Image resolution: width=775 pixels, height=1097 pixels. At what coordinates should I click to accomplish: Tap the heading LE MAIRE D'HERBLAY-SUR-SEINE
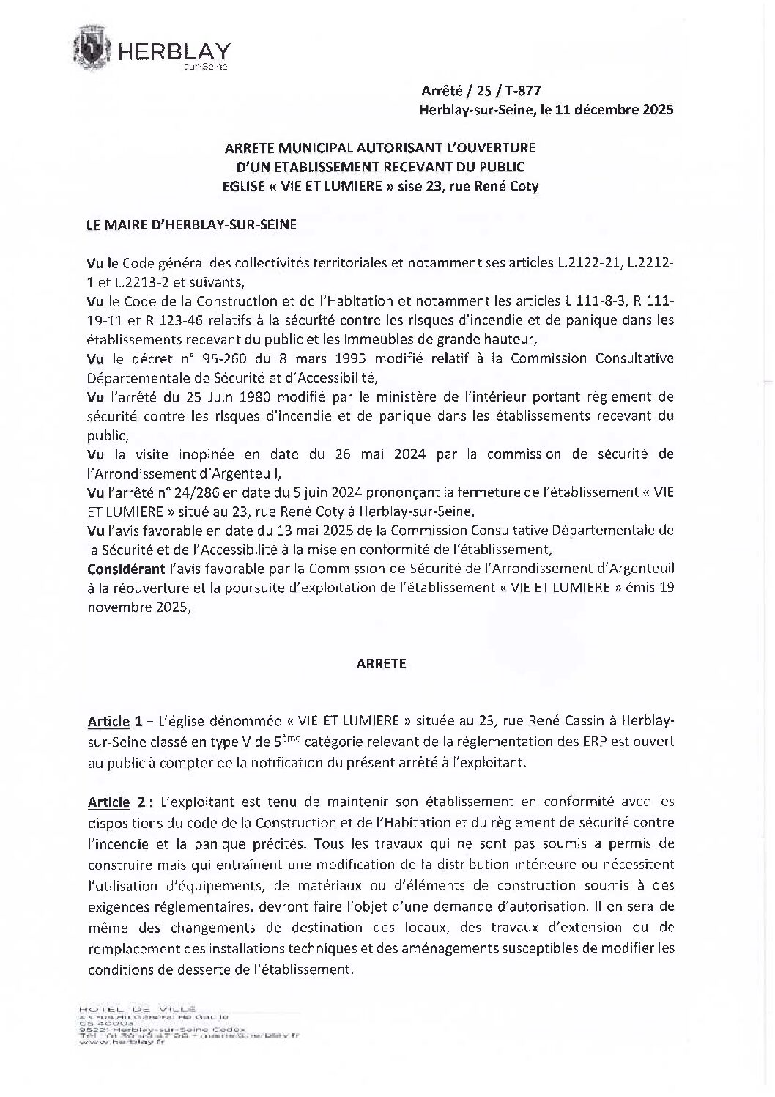(191, 225)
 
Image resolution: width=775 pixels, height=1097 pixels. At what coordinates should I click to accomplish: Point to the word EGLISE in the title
(242, 186)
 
